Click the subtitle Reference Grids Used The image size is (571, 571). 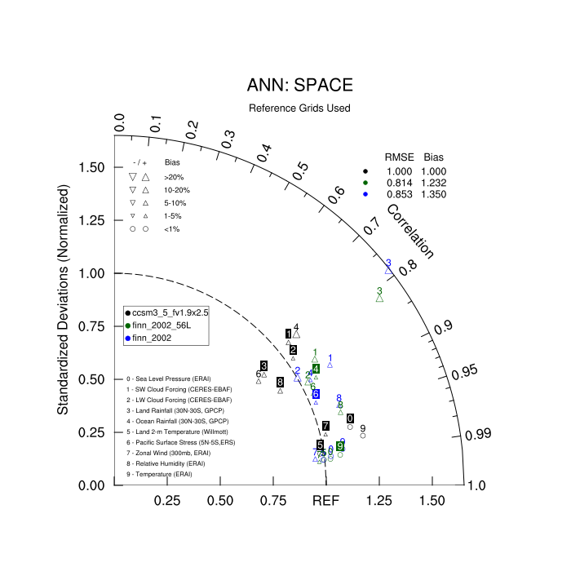click(x=299, y=108)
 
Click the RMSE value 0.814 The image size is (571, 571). click(x=399, y=183)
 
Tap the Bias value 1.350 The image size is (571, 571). click(x=440, y=195)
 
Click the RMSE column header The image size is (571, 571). click(x=399, y=156)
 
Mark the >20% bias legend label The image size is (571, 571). click(x=173, y=176)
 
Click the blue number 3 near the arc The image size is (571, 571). click(x=388, y=263)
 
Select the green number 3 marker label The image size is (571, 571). click(x=379, y=291)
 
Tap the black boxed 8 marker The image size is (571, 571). click(x=280, y=382)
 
